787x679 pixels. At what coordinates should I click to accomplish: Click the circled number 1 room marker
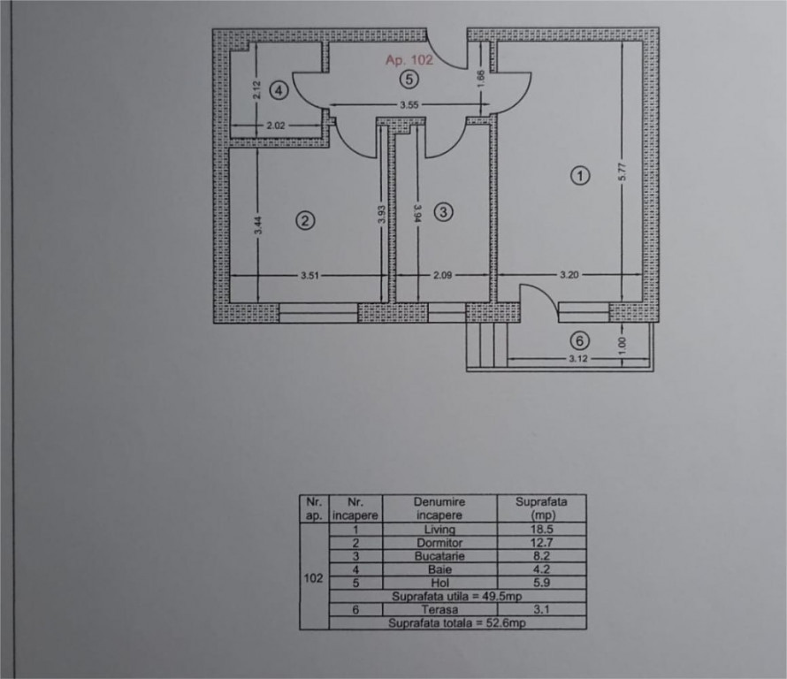(580, 176)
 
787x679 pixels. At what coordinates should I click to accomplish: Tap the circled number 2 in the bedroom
(305, 220)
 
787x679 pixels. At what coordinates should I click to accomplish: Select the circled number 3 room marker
(443, 212)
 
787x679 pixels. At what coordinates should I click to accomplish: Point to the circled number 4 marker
(279, 91)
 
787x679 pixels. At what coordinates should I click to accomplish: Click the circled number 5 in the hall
(409, 80)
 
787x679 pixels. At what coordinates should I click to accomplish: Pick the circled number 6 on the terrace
(580, 341)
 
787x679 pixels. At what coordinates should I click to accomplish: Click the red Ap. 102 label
(409, 60)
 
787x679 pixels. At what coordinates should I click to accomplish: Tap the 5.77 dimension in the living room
(623, 172)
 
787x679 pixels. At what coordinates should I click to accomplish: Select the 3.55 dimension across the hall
(409, 105)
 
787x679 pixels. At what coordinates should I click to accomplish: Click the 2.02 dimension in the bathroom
(276, 126)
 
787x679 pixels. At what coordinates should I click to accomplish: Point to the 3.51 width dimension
(309, 275)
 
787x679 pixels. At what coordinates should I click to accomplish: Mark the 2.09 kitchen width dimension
(442, 275)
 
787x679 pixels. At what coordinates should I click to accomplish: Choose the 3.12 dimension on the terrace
(578, 358)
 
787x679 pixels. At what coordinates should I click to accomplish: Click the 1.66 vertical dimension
(480, 80)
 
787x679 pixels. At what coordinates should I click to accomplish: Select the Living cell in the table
(439, 529)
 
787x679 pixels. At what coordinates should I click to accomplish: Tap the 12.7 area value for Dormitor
(541, 543)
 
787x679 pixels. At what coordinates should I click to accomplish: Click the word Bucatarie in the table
(439, 556)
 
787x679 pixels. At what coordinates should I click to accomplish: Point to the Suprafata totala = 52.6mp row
(457, 622)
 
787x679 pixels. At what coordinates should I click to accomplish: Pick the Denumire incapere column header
(439, 508)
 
